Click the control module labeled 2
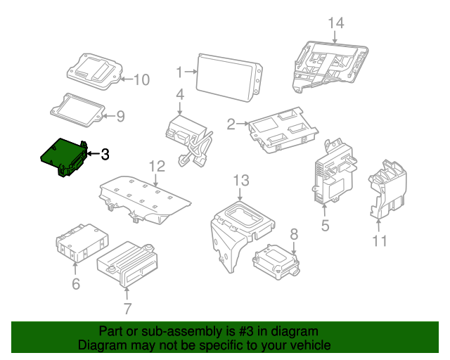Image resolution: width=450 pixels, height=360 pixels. [281, 130]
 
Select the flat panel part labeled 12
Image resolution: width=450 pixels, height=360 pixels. [144, 199]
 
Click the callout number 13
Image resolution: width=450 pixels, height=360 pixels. [241, 181]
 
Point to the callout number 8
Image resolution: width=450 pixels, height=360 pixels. [294, 233]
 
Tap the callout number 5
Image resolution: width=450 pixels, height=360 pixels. [325, 225]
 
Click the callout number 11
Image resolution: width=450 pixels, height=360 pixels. [380, 241]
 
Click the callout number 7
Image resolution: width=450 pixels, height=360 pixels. [127, 308]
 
